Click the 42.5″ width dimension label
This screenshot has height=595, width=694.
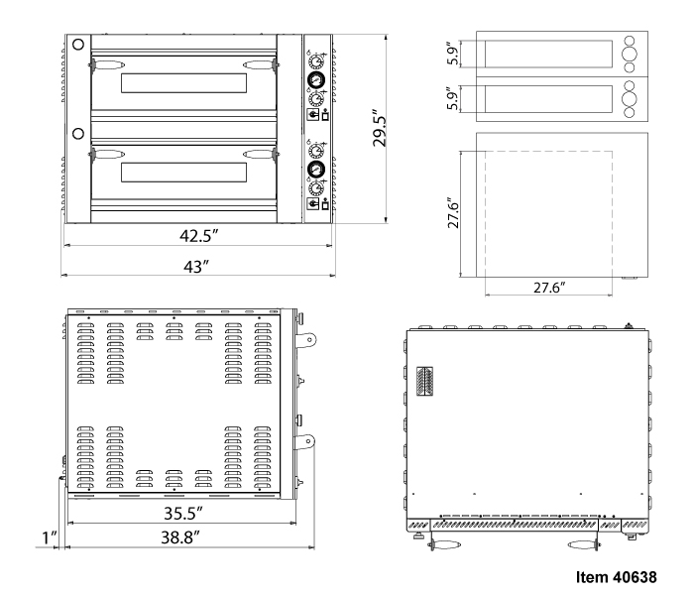coord(199,236)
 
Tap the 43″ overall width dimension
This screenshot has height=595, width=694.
coord(196,267)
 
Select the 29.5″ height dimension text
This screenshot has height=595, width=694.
coord(380,128)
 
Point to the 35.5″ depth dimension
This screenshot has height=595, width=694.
coord(183,513)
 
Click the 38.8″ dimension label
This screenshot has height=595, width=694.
coord(180,537)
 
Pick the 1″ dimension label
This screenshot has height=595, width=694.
coord(50,537)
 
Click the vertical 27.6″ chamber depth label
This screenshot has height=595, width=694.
coord(454,213)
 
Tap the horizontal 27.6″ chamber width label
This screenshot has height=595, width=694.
coord(549,288)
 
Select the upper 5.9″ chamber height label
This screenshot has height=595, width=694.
coord(452,54)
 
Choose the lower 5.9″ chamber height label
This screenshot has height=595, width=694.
coord(452,99)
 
